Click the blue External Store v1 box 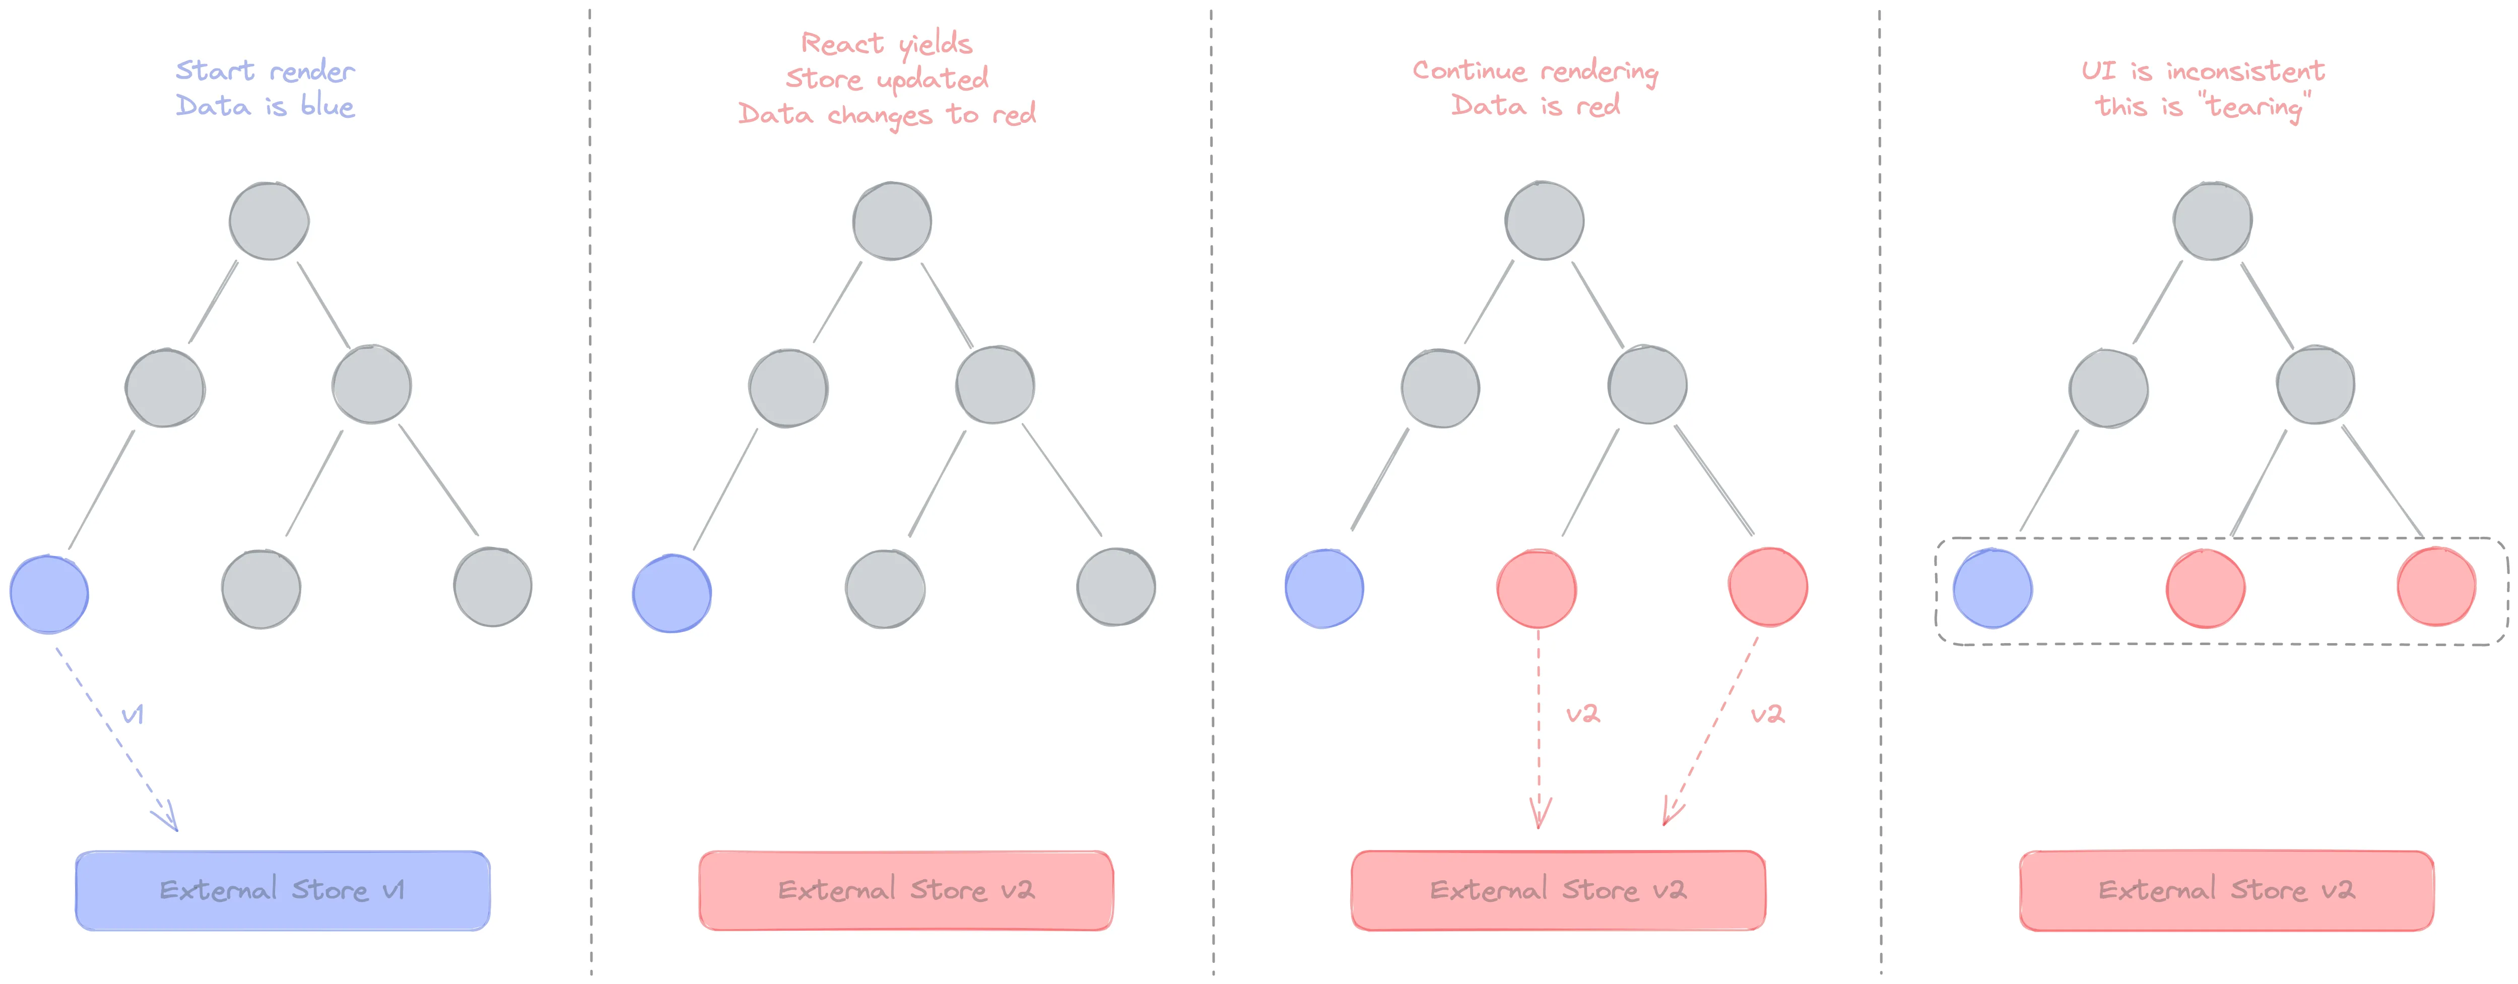(283, 890)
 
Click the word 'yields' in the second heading (936, 44)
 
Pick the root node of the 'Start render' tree (269, 221)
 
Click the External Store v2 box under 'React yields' (906, 890)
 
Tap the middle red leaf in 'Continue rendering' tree (1537, 588)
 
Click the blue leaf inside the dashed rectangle (1992, 588)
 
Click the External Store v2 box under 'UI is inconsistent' (2227, 890)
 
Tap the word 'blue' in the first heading (327, 106)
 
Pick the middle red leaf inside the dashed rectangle (2205, 588)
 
